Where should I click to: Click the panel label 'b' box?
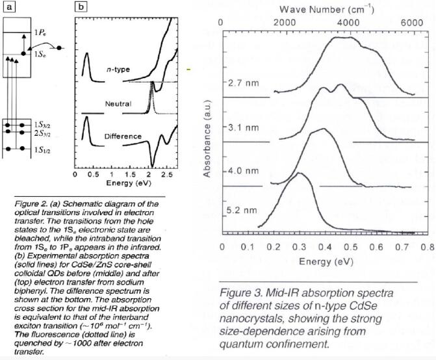pos(82,7)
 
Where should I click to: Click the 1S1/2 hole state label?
pos(40,150)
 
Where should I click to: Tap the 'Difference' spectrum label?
pos(123,136)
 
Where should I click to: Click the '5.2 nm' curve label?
pos(238,211)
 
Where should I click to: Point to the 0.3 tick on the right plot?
pos(299,247)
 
